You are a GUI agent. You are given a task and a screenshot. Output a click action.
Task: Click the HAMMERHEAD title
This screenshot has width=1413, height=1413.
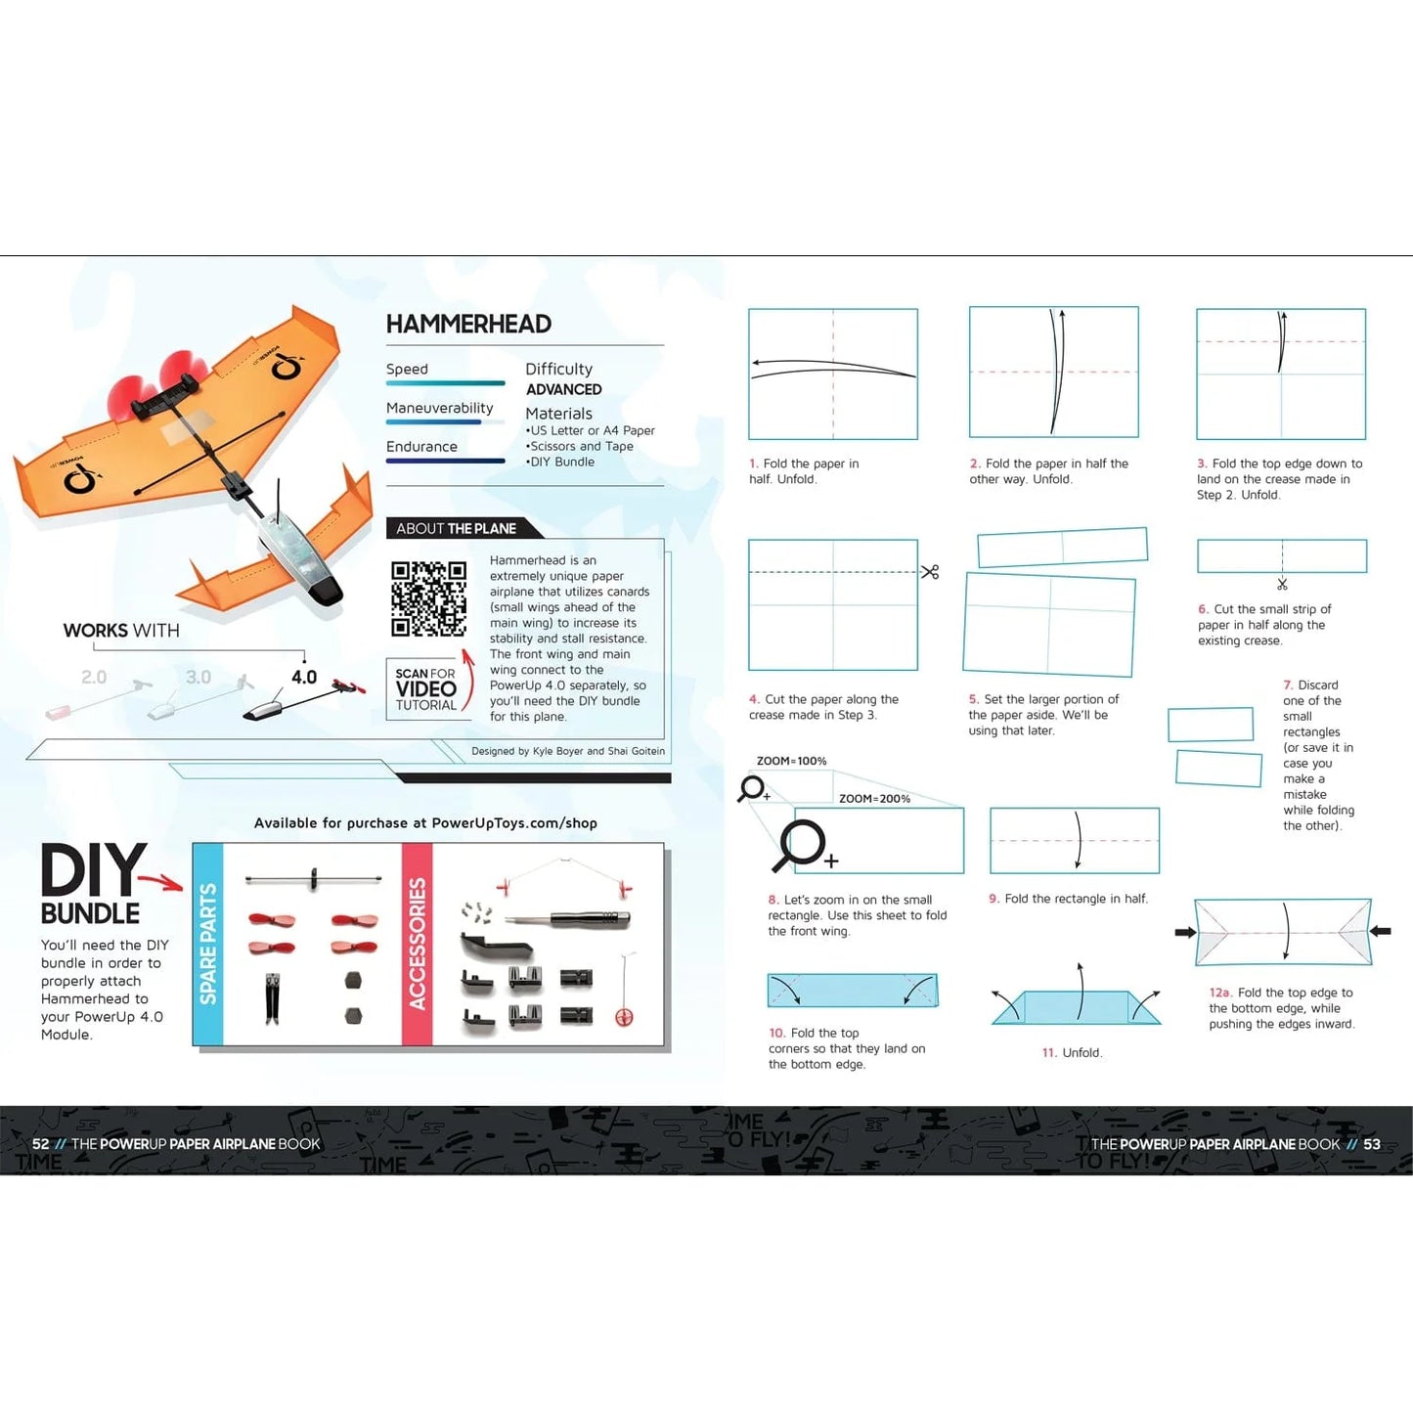click(x=468, y=324)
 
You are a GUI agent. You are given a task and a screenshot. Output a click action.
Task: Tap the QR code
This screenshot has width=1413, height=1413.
click(x=428, y=598)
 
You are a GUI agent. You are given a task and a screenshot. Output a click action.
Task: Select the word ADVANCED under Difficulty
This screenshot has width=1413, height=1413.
click(x=563, y=389)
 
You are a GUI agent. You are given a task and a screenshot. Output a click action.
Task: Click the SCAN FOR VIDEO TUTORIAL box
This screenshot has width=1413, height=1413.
click(x=426, y=689)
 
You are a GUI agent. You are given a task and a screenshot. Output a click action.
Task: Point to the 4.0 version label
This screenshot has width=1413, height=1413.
click(x=304, y=677)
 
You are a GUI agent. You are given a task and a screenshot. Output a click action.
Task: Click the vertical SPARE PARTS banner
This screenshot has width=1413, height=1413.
click(x=208, y=944)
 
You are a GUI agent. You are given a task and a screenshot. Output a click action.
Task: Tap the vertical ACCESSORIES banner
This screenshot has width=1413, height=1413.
click(x=418, y=944)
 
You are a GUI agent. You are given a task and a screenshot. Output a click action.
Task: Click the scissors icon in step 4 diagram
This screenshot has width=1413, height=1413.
click(x=930, y=572)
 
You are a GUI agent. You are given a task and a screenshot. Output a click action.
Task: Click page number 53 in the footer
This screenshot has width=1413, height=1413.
click(x=1372, y=1144)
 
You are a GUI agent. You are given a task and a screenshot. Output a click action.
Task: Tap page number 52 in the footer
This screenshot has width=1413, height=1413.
click(x=40, y=1144)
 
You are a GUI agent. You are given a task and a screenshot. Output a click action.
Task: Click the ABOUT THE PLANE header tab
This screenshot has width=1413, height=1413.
click(x=457, y=528)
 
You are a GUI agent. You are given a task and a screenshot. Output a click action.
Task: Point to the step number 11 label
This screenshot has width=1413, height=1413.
click(x=1049, y=1053)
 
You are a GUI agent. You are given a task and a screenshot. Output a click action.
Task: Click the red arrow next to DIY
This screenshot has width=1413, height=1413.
click(x=162, y=882)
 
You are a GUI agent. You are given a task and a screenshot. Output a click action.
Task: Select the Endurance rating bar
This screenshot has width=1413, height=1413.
click(x=445, y=461)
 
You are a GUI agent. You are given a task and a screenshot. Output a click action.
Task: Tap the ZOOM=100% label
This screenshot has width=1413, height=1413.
click(x=791, y=761)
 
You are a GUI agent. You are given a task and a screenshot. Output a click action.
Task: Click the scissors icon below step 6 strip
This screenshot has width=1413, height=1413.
click(x=1282, y=585)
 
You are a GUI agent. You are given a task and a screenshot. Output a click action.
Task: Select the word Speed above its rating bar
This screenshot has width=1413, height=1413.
click(x=407, y=369)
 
